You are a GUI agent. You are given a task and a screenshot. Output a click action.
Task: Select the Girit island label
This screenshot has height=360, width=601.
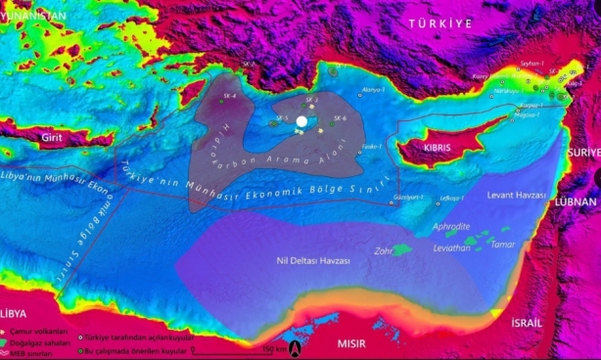52,140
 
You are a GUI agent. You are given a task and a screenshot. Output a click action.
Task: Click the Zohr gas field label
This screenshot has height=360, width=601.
384,250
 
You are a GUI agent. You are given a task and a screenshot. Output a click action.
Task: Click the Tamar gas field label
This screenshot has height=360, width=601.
503,244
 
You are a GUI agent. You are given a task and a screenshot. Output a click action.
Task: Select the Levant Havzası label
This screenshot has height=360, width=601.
516,196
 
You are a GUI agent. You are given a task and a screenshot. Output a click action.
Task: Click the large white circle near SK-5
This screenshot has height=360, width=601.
301,121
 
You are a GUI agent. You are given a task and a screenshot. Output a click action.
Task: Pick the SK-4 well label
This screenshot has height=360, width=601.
230,97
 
